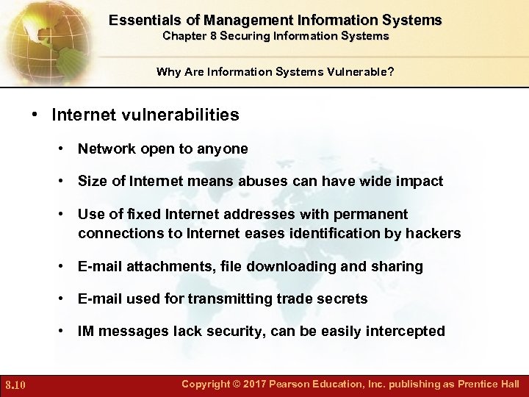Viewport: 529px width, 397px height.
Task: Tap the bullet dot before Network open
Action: click(x=65, y=149)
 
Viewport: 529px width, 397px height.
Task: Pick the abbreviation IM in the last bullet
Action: click(x=86, y=331)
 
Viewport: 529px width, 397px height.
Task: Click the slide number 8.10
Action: click(x=15, y=385)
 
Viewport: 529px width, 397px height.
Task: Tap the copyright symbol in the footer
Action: click(x=238, y=384)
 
